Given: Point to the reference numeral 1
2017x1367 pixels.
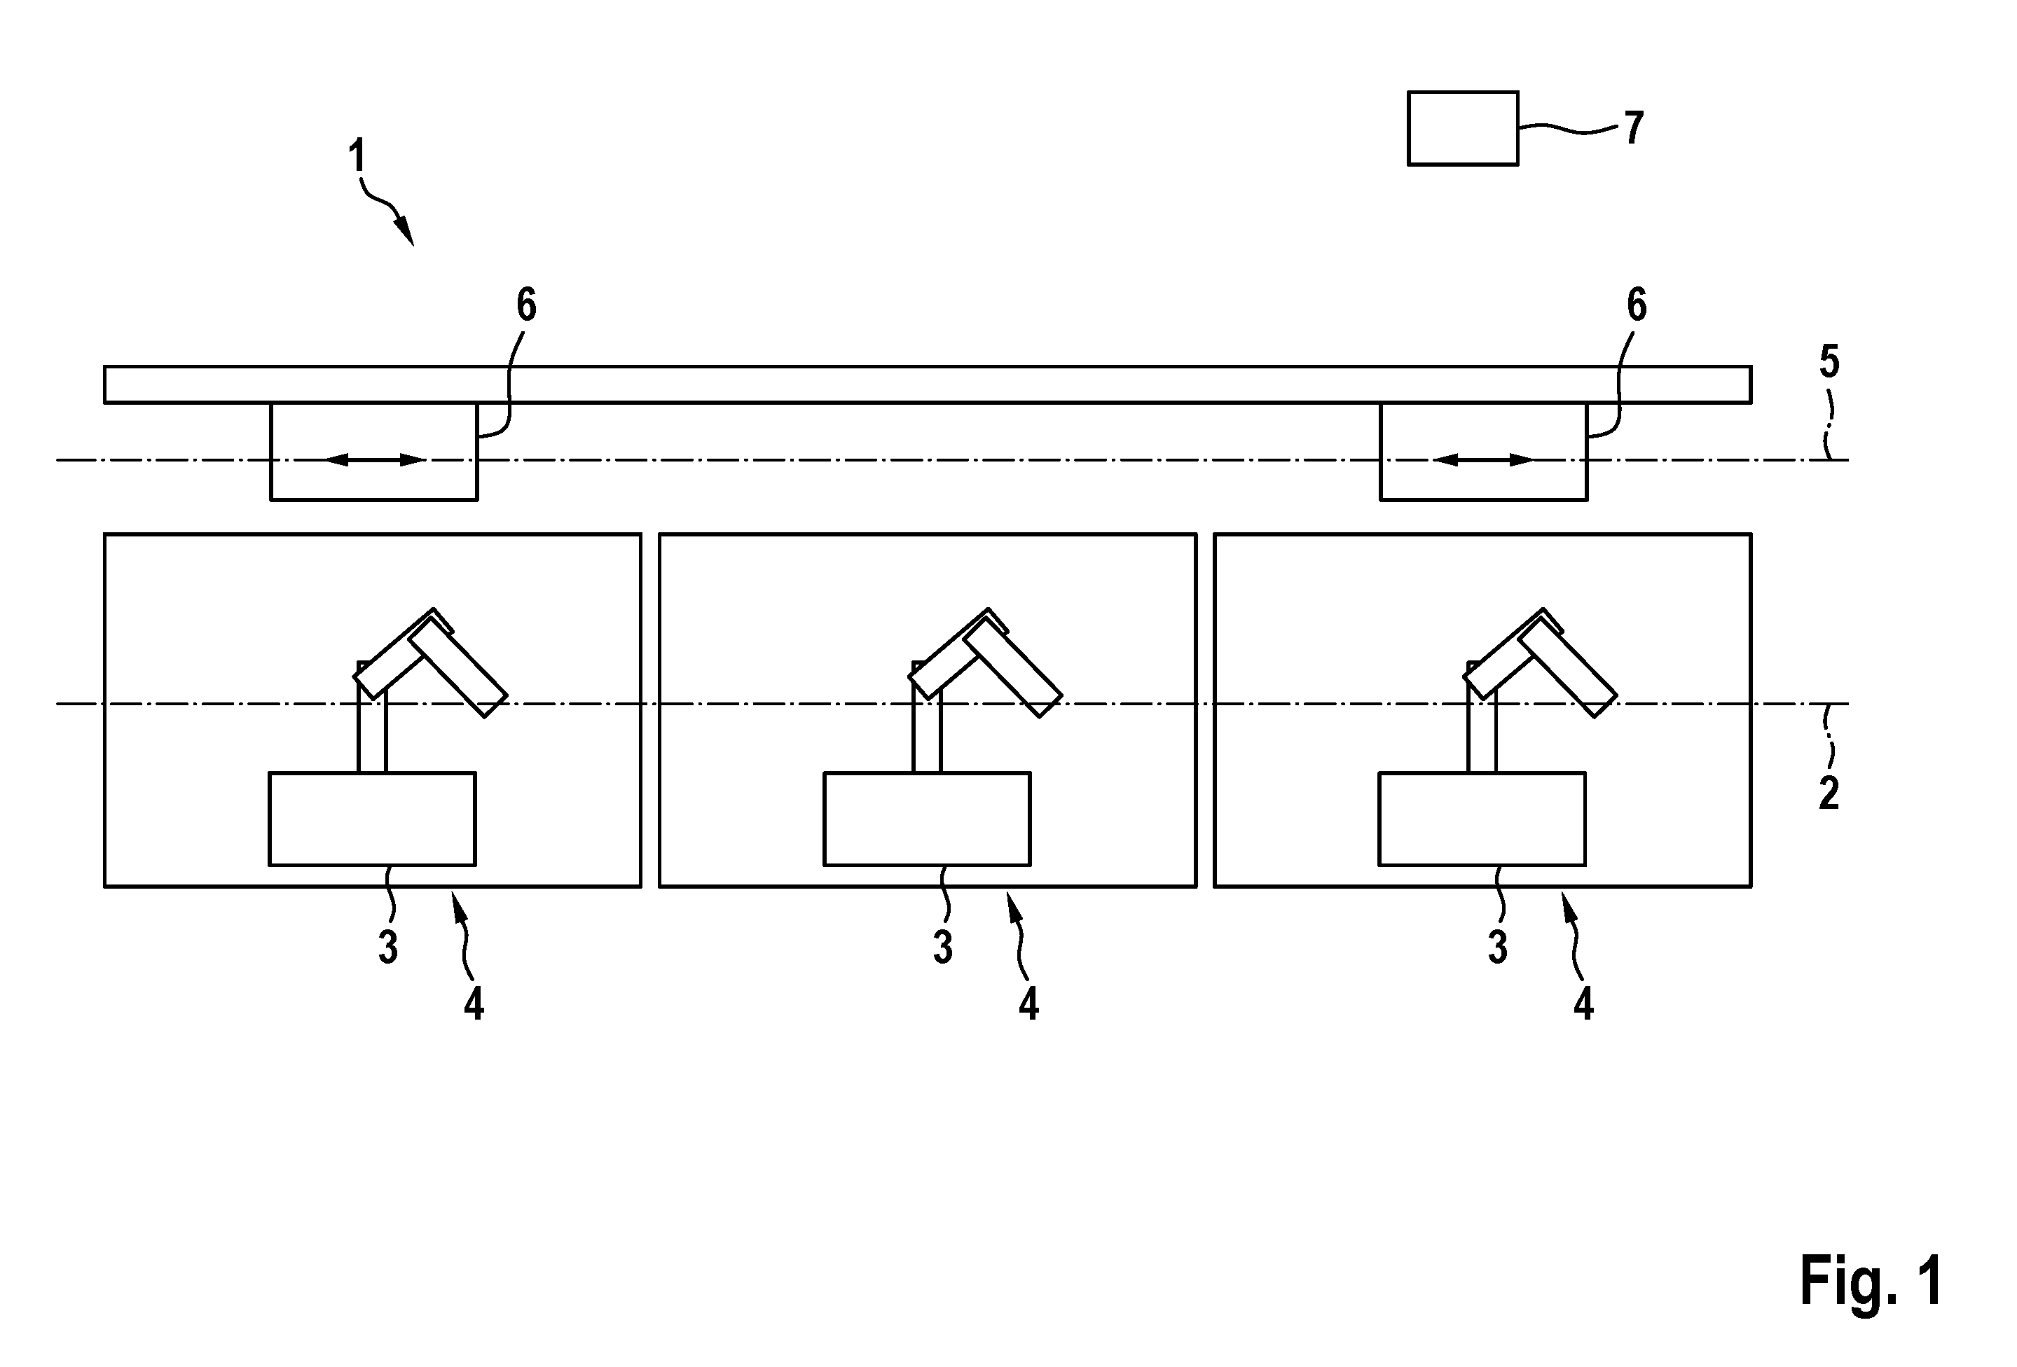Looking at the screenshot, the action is coord(356,157).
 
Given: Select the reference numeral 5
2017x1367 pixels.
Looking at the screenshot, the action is coord(1829,363).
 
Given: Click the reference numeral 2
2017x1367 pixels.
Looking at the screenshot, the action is coord(1829,793).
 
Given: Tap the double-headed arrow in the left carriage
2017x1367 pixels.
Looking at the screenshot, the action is coord(374,459).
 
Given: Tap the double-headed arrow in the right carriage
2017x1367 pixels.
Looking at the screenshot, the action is coord(1484,459).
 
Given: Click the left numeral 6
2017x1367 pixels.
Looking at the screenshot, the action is coord(526,305).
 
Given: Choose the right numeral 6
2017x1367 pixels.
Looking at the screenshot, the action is coord(1636,305).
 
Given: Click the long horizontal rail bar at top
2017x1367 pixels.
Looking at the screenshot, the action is coord(927,384).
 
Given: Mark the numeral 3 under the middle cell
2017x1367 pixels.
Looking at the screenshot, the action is coord(942,948).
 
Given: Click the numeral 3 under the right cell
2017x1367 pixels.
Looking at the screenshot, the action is coord(1497,948).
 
